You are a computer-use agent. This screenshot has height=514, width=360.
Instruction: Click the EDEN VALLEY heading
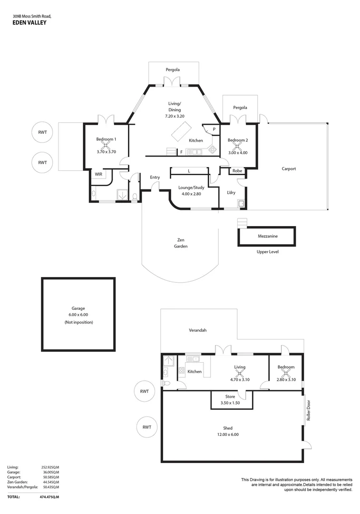(29, 22)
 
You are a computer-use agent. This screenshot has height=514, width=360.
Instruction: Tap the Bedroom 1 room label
(106, 139)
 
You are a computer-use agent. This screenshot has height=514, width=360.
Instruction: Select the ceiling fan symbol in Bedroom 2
(237, 146)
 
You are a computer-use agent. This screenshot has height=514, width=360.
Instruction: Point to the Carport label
(289, 168)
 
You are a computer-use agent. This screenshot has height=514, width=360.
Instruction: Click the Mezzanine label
(268, 236)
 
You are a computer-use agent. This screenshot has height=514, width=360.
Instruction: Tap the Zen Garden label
(181, 243)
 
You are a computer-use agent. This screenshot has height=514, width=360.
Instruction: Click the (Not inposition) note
(79, 322)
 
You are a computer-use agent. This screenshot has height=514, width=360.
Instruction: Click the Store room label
(230, 396)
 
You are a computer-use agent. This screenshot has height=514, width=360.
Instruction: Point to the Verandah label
(198, 330)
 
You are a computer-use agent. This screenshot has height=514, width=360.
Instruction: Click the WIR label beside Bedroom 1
(98, 174)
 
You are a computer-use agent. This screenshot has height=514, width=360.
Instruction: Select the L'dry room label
(231, 192)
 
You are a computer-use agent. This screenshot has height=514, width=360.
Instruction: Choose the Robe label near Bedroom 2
(237, 171)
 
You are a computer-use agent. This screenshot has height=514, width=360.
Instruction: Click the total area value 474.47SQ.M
(49, 496)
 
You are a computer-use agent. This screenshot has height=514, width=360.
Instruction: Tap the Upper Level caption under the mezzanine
(267, 251)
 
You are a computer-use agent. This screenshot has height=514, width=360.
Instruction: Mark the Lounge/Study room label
(191, 188)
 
